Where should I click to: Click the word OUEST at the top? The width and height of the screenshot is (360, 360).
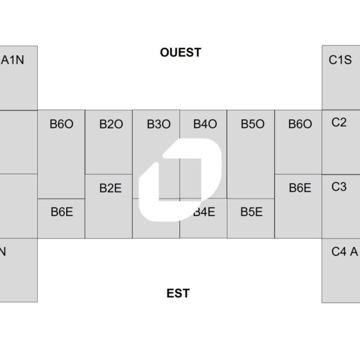click(x=180, y=53)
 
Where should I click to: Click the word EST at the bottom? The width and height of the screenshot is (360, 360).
click(x=178, y=293)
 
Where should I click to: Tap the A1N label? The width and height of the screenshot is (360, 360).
click(x=13, y=60)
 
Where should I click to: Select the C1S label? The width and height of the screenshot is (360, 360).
click(x=340, y=60)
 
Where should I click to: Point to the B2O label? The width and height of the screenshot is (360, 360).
click(x=111, y=124)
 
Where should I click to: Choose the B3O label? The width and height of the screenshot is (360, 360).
click(x=158, y=124)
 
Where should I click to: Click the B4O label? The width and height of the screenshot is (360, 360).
click(x=205, y=124)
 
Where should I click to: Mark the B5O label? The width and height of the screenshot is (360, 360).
click(x=253, y=124)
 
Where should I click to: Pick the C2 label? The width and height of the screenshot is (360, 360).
click(x=339, y=122)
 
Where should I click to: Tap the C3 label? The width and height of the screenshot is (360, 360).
click(x=339, y=187)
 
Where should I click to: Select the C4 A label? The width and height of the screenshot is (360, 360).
click(x=344, y=252)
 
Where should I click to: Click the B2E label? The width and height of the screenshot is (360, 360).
click(x=110, y=188)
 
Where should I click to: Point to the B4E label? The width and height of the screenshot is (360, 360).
click(x=205, y=212)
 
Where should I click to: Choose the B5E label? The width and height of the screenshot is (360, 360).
click(x=251, y=212)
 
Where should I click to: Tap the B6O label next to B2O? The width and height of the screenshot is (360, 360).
click(x=62, y=124)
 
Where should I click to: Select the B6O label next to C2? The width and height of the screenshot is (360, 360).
click(x=300, y=124)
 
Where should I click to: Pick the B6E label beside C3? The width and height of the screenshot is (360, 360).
click(x=300, y=188)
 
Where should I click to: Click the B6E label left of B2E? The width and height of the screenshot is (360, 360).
click(x=62, y=212)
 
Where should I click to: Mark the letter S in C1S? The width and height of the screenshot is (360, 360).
click(x=347, y=60)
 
